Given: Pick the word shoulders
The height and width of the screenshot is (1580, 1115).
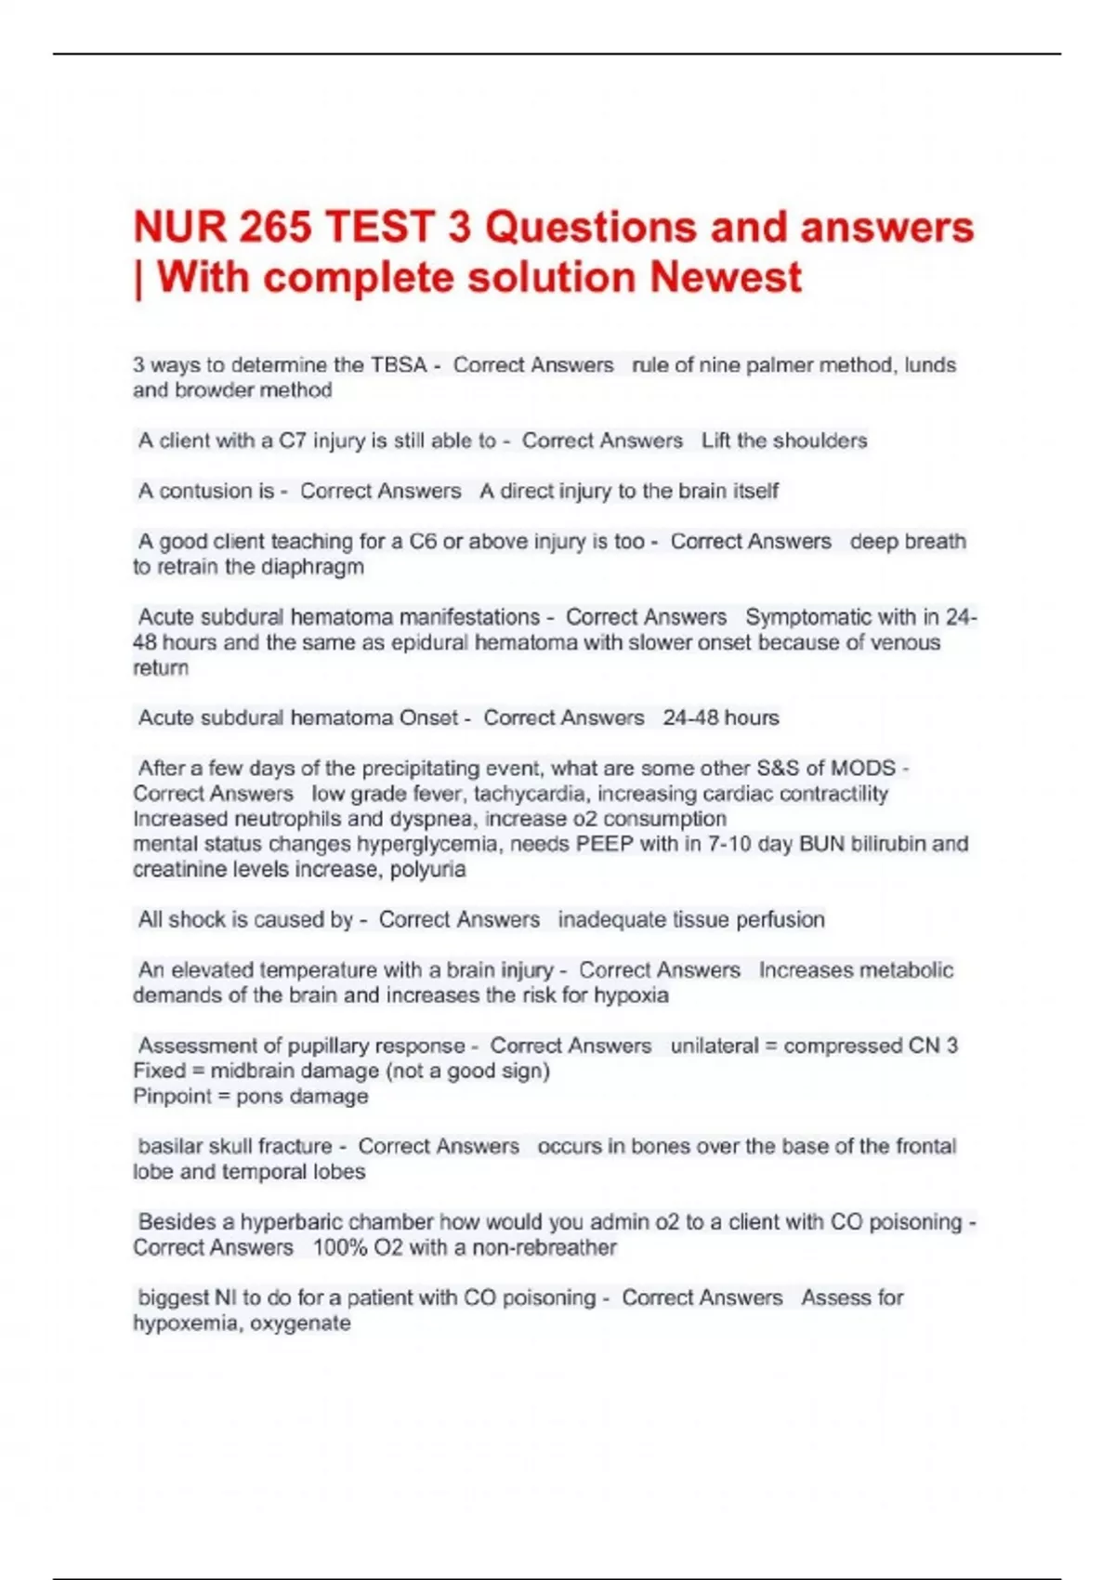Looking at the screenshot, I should click(821, 441).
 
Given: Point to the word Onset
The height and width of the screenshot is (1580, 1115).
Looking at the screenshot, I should click(428, 718).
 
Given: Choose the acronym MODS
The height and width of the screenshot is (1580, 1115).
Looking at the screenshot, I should click(863, 769).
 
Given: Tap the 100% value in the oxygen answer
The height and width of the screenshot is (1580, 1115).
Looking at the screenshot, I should click(339, 1247).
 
